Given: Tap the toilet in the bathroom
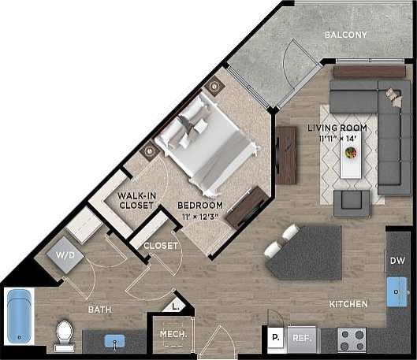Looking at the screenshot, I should pos(63,336).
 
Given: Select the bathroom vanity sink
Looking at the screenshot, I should pos(116,343).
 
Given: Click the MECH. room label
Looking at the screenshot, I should pos(173,334).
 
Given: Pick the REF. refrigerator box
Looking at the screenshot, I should pos(300,340).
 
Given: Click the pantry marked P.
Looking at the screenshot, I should pos(275,339).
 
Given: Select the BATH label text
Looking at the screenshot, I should pos(99,310).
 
